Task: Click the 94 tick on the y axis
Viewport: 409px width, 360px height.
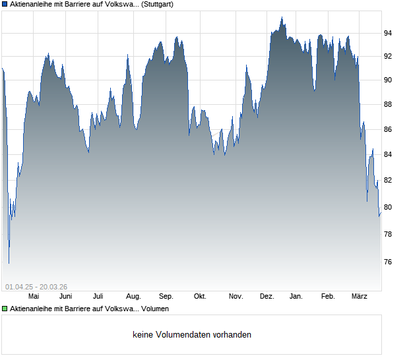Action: click(x=389, y=33)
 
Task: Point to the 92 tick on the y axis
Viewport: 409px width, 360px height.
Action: click(x=389, y=56)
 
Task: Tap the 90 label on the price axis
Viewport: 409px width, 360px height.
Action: click(x=389, y=80)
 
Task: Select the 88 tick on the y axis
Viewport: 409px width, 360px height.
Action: click(x=389, y=104)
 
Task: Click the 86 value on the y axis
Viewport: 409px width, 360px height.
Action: click(x=389, y=129)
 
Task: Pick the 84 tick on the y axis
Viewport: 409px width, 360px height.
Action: click(x=389, y=154)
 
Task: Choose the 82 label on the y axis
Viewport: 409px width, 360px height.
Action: click(x=389, y=180)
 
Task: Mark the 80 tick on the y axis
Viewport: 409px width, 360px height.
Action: click(x=389, y=207)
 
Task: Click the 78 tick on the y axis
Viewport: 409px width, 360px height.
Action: click(x=389, y=234)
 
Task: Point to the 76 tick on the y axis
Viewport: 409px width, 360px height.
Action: click(x=389, y=262)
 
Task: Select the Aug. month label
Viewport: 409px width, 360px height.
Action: click(x=133, y=297)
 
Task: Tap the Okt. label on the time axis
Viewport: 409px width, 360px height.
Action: click(x=200, y=297)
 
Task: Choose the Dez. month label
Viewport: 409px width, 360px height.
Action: click(x=267, y=297)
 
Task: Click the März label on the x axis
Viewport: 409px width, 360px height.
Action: click(x=360, y=297)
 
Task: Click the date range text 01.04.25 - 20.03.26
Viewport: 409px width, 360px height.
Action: click(x=36, y=286)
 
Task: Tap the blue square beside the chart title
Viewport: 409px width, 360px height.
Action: click(x=5, y=4)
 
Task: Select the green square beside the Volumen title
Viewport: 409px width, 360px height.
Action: click(x=5, y=309)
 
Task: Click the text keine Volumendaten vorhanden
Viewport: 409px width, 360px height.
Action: click(x=192, y=335)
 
